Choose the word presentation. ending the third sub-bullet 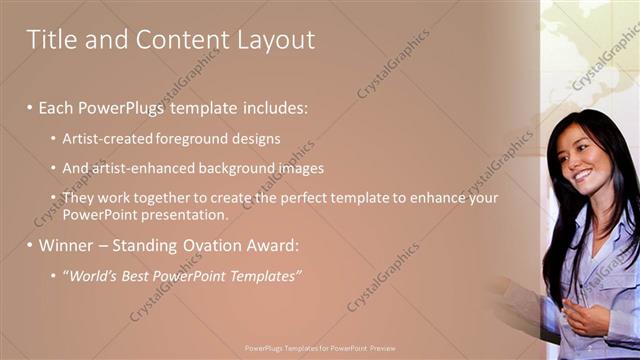[x=185, y=214]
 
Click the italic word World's [x=91, y=275]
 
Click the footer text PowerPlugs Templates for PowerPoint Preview [x=320, y=348]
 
